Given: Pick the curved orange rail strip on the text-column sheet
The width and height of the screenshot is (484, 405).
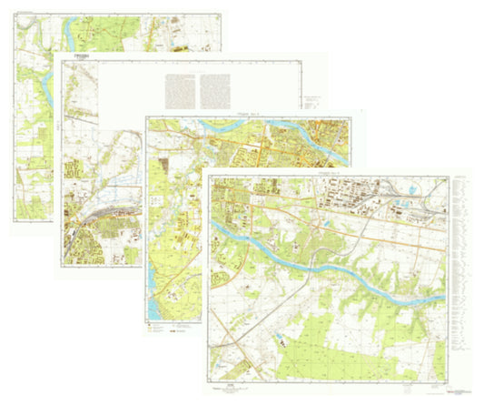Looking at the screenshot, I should [104, 217].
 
